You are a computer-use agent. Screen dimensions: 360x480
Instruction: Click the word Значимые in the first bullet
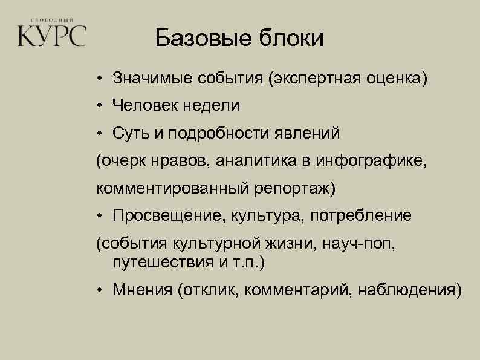tap(150, 79)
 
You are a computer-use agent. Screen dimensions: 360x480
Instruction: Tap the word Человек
tap(141, 105)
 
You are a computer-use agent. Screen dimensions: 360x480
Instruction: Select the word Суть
tap(129, 133)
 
